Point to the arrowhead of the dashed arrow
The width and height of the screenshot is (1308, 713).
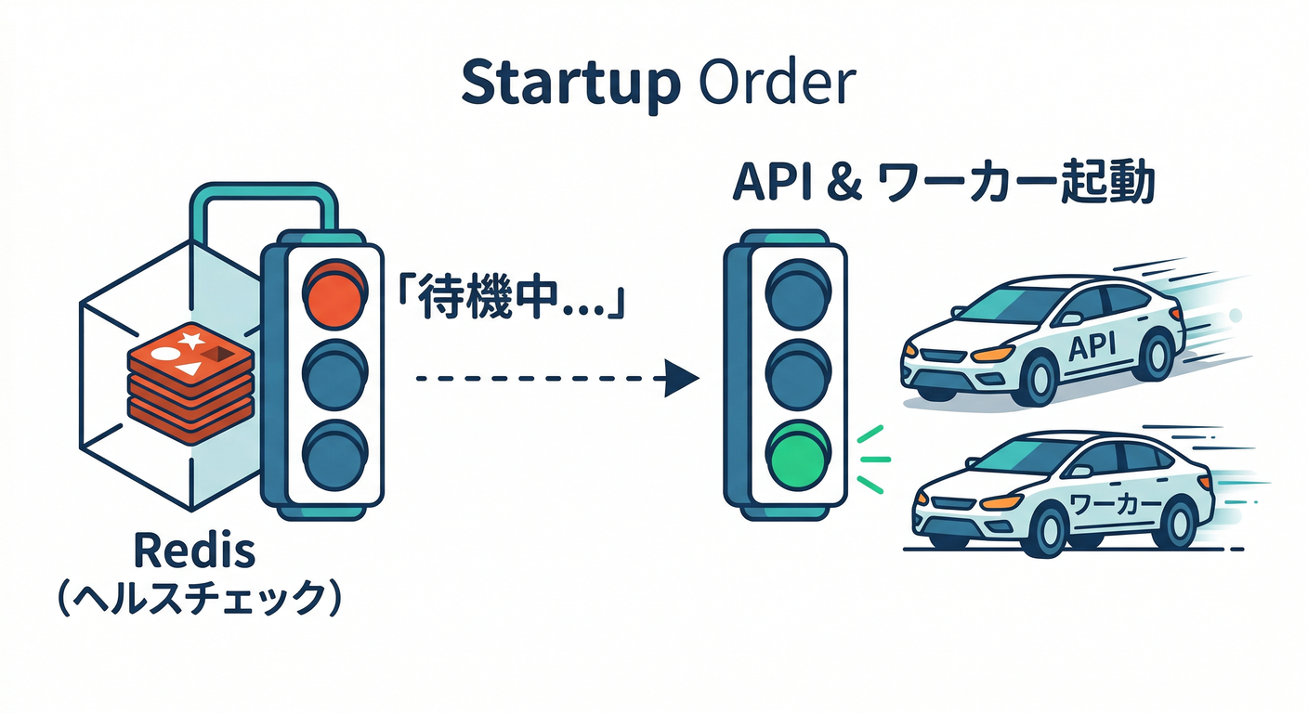click(682, 379)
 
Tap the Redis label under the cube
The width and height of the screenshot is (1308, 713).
click(194, 552)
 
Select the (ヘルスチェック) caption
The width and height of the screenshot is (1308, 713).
click(194, 600)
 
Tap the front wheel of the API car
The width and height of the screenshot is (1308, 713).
click(1038, 376)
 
